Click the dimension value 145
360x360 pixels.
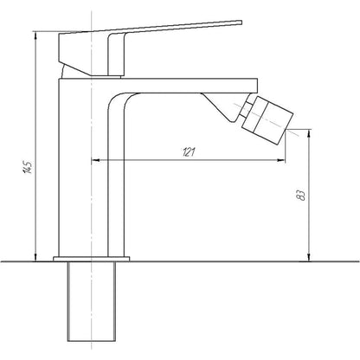coord(25,167)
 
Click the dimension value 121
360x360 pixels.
coord(189,152)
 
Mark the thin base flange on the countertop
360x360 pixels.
coord(90,257)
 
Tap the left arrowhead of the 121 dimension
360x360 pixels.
coord(94,160)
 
